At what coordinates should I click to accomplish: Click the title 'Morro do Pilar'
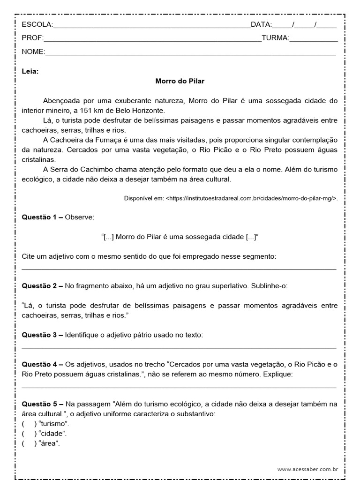(180, 81)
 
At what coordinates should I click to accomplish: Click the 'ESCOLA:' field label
(37, 25)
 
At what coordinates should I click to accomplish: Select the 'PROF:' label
(32, 38)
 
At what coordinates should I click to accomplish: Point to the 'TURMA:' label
(275, 38)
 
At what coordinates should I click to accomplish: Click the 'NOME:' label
(33, 52)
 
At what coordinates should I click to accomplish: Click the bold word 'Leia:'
(30, 72)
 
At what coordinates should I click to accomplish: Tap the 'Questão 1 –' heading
(42, 217)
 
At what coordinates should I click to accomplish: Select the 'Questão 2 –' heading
(42, 285)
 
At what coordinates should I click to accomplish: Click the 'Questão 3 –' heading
(42, 335)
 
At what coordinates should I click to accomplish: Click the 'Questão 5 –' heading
(42, 404)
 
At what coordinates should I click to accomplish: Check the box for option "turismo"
(29, 423)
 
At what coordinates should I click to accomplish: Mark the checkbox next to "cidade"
(29, 433)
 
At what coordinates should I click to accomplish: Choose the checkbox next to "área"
(29, 443)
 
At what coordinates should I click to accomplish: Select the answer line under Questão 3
(179, 347)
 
